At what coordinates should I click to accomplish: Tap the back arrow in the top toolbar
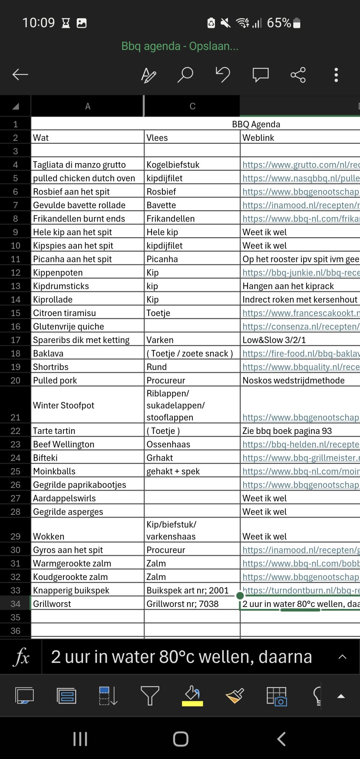20,74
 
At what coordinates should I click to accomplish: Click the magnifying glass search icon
185,74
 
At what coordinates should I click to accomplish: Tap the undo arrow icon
223,74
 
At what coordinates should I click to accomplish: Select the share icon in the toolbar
298,74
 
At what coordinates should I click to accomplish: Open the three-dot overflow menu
336,74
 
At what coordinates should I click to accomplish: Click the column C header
192,106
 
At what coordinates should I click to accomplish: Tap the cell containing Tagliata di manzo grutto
79,165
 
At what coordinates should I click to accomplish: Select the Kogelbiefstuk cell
173,165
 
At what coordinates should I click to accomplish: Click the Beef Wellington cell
64,444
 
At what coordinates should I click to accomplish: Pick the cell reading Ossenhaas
168,444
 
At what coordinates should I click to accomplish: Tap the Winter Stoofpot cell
64,405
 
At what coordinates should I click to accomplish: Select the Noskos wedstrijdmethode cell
294,380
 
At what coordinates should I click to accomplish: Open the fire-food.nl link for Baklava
301,354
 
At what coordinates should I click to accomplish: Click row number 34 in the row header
15,604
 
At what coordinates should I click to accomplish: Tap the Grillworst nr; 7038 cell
182,604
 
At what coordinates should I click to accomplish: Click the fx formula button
21,657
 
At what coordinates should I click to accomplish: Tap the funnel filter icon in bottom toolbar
150,695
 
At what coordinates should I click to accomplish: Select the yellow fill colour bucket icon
192,695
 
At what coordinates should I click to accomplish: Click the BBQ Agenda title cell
256,124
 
